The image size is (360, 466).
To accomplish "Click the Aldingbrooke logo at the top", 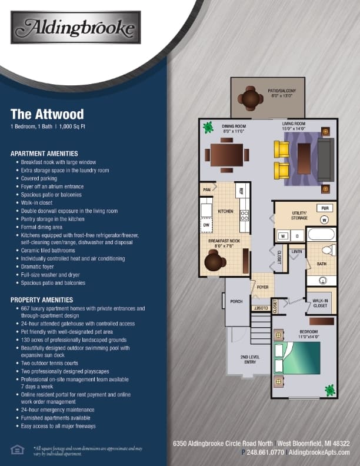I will pyautogui.click(x=76, y=28).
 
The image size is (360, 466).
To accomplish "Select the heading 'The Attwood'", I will pyautogui.click(x=47, y=114).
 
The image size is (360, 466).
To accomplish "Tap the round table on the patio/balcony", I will pyautogui.click(x=252, y=99).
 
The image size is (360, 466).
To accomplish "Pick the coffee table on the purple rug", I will pyautogui.click(x=304, y=159).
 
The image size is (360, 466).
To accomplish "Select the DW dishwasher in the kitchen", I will pyautogui.click(x=206, y=225).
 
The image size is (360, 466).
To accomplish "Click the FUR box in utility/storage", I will pyautogui.click(x=324, y=208).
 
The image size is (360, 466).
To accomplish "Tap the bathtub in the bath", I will pyautogui.click(x=321, y=236).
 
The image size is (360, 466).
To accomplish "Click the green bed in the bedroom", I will pyautogui.click(x=297, y=358).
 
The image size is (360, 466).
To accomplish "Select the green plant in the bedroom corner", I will pyautogui.click(x=329, y=390).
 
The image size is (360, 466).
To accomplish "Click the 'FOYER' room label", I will pyautogui.click(x=262, y=287).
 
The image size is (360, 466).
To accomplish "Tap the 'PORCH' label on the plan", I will pyautogui.click(x=236, y=301).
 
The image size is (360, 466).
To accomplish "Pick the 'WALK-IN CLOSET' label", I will pyautogui.click(x=321, y=303).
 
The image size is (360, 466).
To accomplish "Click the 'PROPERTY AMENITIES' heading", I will pyautogui.click(x=41, y=299).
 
